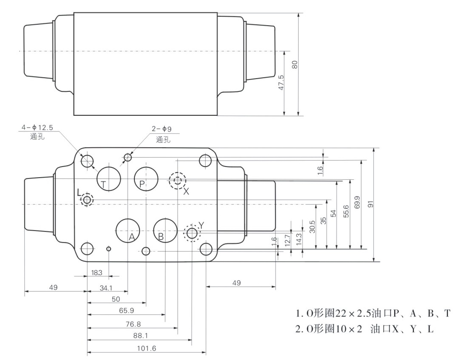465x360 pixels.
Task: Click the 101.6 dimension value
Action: point(146,348)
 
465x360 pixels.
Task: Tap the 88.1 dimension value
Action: point(141,335)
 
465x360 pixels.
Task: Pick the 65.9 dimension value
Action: point(126,310)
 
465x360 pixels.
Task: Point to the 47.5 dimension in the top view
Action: point(281,82)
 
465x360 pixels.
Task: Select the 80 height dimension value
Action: point(295,64)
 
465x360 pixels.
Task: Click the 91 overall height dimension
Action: point(370,204)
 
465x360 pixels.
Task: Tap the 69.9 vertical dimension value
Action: point(357,202)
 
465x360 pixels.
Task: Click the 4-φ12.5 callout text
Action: point(37,128)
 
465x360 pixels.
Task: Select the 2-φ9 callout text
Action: point(162,129)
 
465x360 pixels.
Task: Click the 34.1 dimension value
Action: point(106,287)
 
